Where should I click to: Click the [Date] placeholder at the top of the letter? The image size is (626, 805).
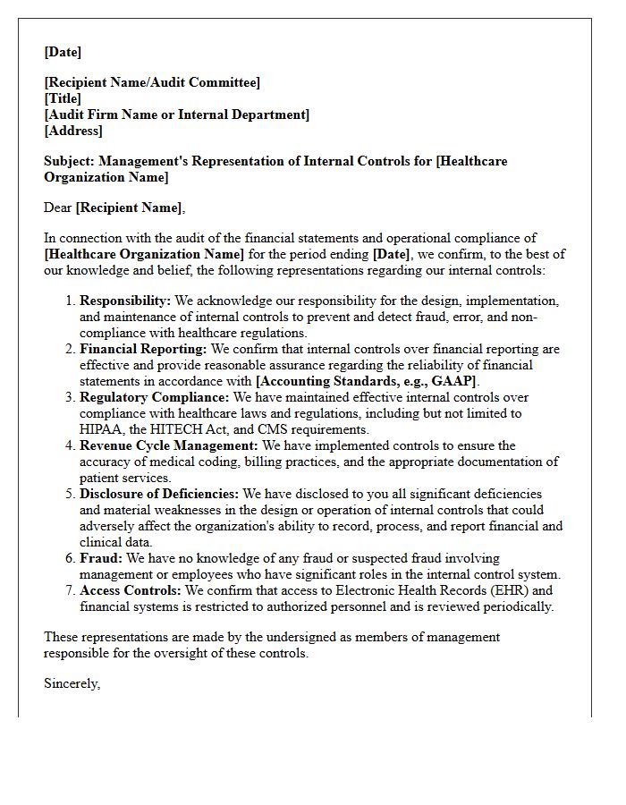click(x=63, y=52)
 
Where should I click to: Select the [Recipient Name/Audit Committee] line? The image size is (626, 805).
click(x=152, y=82)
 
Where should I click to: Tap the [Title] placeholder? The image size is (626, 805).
click(x=63, y=98)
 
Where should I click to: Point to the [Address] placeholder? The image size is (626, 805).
click(x=73, y=131)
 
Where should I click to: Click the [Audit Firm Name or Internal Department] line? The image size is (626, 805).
click(x=176, y=114)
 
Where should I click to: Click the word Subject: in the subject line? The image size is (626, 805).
click(x=70, y=161)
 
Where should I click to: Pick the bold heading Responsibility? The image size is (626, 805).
click(x=125, y=301)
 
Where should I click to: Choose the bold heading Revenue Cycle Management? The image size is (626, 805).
click(x=169, y=445)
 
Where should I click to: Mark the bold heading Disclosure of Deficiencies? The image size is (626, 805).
click(x=159, y=494)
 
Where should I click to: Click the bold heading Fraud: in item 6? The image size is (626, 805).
click(x=101, y=558)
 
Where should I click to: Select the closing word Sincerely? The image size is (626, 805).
click(x=72, y=683)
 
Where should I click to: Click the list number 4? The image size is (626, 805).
click(x=71, y=445)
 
